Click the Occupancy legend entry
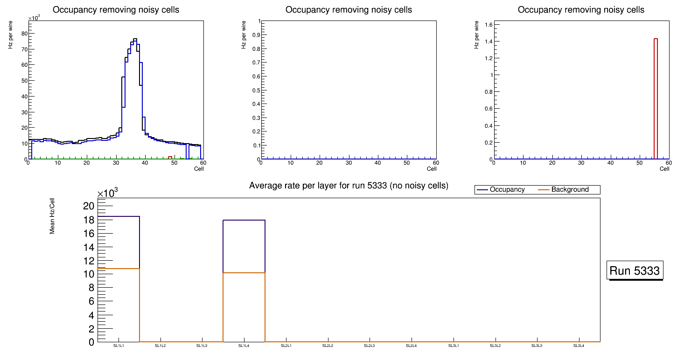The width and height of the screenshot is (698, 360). (x=507, y=190)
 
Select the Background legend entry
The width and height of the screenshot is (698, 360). (x=570, y=190)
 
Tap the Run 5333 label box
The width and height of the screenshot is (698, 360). (x=635, y=270)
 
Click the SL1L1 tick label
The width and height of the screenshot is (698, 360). (x=119, y=346)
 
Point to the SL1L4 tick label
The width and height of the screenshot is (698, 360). (x=244, y=346)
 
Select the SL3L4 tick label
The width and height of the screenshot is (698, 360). (x=579, y=346)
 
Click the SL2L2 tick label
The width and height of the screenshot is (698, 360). (x=328, y=346)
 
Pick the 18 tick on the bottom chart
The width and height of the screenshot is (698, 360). (x=89, y=220)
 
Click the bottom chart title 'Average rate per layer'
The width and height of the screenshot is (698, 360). (x=349, y=186)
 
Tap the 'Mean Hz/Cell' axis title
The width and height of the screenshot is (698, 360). (x=52, y=215)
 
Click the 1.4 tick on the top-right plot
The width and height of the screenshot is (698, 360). (x=485, y=42)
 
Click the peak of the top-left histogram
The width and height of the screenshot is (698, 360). (x=135, y=39)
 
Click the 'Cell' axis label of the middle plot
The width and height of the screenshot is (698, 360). (x=432, y=169)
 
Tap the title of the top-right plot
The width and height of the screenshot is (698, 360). (x=581, y=10)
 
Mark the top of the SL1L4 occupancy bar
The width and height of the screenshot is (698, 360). (x=244, y=220)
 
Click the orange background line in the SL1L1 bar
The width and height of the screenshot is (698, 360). (x=119, y=269)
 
